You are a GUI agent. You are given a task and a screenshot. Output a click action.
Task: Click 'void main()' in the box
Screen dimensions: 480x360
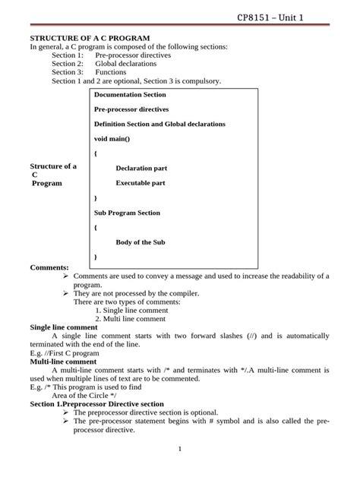(x=112, y=139)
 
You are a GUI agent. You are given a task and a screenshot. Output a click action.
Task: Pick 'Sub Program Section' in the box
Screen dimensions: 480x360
(x=127, y=213)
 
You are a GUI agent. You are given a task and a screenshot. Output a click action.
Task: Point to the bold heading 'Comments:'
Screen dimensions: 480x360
(x=49, y=267)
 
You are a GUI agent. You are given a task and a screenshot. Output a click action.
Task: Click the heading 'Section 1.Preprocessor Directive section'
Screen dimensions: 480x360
(x=96, y=404)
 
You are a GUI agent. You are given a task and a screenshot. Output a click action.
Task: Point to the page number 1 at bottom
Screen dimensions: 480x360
(x=180, y=449)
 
